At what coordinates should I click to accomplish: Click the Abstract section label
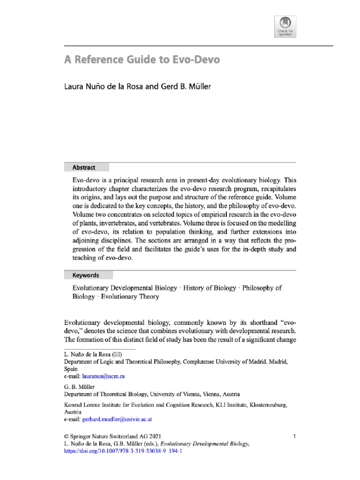(x=84, y=167)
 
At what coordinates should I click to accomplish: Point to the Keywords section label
(x=86, y=275)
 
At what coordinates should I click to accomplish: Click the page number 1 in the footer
(x=294, y=436)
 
